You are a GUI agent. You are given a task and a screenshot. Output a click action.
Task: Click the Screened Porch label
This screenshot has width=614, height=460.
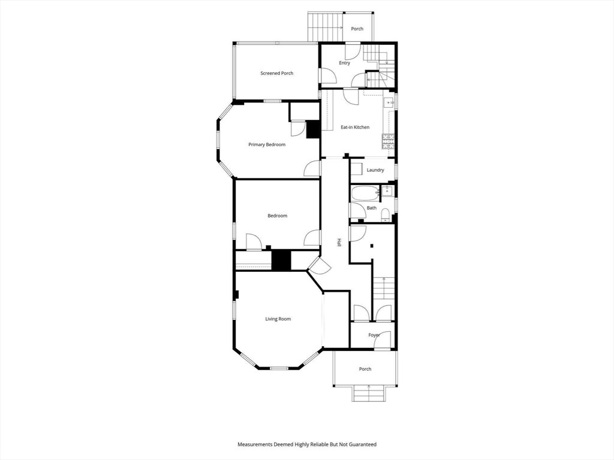tap(277, 73)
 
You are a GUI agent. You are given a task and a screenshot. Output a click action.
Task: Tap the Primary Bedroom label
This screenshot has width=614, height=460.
tap(267, 145)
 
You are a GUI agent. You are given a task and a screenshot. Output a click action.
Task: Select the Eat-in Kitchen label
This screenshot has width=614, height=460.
tap(355, 127)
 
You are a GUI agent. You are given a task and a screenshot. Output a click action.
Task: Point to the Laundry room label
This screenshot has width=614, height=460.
tap(375, 170)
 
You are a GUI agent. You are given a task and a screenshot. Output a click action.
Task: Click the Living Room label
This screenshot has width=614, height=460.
tap(278, 319)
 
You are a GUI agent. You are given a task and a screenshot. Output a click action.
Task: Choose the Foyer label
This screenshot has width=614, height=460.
tap(374, 335)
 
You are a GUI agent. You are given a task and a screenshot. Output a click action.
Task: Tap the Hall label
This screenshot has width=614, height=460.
tap(339, 243)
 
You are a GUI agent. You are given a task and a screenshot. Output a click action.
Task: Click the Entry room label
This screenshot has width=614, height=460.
tap(345, 63)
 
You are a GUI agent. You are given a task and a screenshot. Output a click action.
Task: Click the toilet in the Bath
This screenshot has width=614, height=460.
tap(386, 215)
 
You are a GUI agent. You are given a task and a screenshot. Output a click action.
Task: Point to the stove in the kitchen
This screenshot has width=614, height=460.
tap(388, 141)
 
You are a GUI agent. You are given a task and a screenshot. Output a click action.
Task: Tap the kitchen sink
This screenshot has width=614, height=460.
tap(389, 102)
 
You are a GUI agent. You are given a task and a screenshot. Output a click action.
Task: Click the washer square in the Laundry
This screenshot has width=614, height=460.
tap(356, 170)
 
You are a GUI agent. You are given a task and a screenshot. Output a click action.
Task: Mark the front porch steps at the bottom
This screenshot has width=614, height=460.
tap(369, 393)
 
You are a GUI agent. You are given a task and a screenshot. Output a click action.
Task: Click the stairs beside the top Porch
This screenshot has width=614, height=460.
tap(325, 26)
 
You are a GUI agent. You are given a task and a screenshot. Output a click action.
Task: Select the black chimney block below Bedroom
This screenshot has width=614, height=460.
tap(282, 260)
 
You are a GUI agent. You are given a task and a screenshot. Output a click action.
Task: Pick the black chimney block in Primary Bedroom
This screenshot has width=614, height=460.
tap(313, 129)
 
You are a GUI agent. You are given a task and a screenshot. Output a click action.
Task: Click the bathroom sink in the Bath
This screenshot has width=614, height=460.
tap(387, 191)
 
